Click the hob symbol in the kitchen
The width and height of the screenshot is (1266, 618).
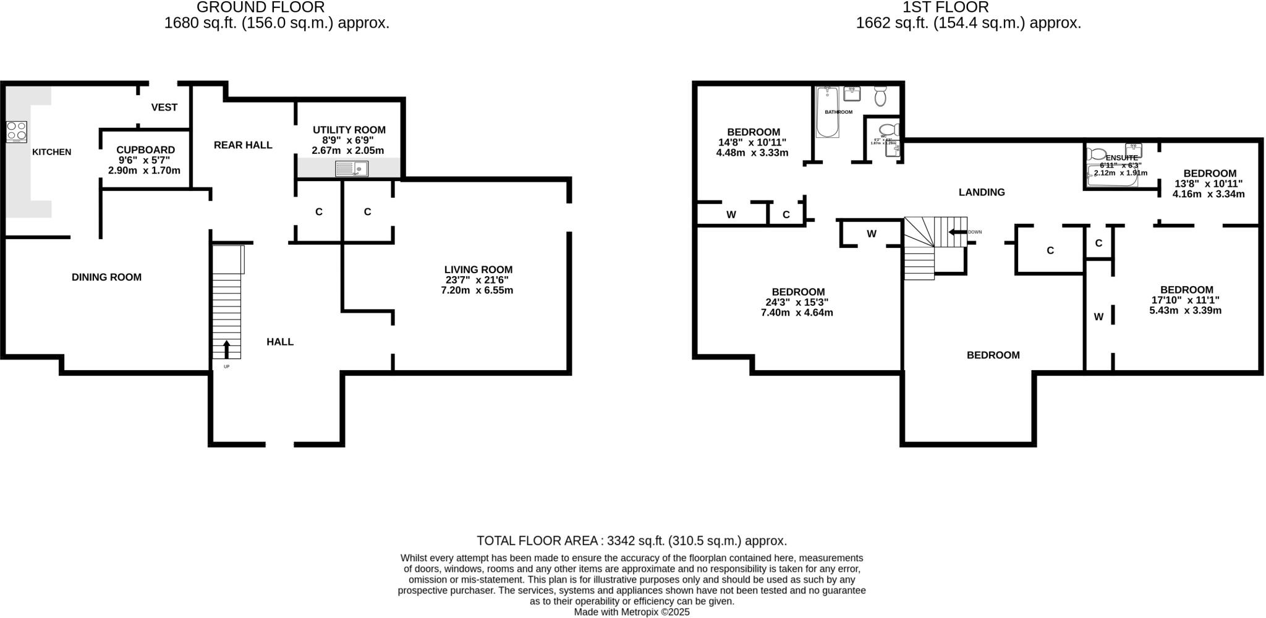pos(16,131)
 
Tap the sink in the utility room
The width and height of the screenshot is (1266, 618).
pos(352,168)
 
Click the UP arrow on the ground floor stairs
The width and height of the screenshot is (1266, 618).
pos(226,349)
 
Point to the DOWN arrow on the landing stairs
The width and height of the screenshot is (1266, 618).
pos(958,232)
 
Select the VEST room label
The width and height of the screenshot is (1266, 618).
pos(164,108)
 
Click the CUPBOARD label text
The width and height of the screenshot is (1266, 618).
pos(145,150)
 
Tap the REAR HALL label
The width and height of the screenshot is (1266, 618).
pos(243,145)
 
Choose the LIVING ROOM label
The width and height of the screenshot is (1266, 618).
pos(478,270)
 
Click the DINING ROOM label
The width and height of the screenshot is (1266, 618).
pos(106,277)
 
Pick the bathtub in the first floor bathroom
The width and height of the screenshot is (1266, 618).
pos(827,112)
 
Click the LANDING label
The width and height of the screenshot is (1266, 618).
pos(982,192)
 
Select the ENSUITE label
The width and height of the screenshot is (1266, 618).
pos(1121,158)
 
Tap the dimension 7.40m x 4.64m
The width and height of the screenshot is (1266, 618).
pos(796,313)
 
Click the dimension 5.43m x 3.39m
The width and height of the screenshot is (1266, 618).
pos(1185,311)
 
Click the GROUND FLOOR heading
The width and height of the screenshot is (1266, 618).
pos(260,7)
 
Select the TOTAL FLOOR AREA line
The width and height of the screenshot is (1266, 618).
pos(632,541)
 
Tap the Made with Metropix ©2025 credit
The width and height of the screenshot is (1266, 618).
pos(632,612)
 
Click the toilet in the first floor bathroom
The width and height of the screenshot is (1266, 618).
pos(881,97)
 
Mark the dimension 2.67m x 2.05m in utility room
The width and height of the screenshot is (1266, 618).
pos(347,151)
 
